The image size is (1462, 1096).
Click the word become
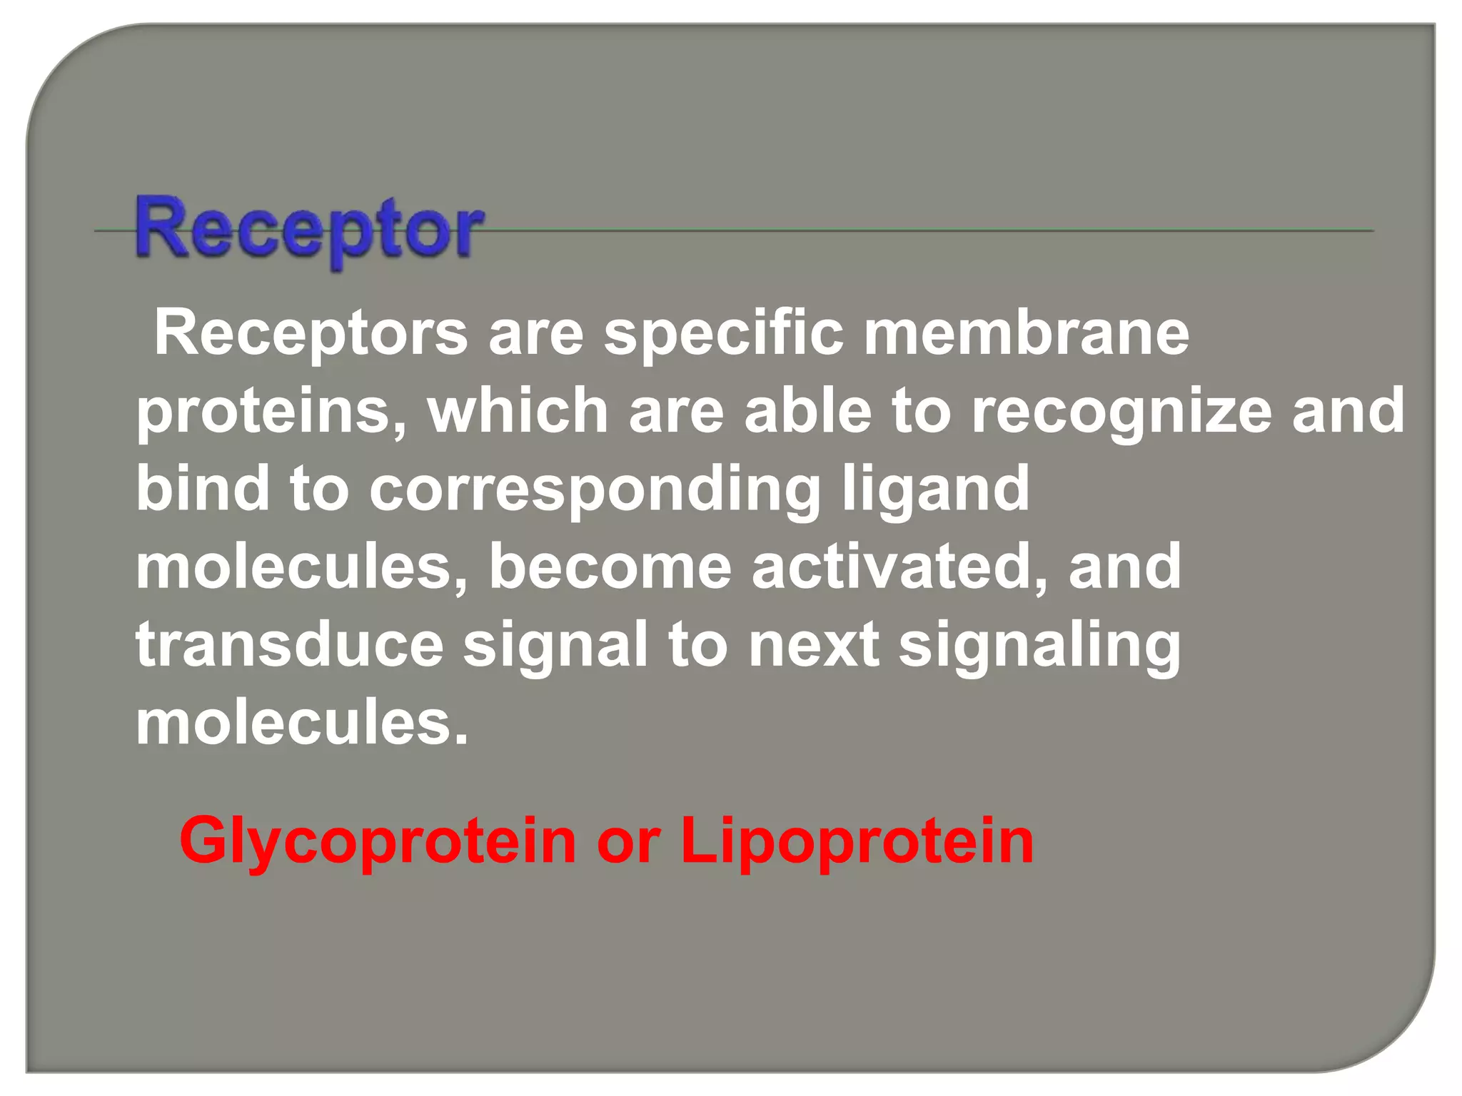(610, 567)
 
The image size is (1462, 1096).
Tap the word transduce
(290, 644)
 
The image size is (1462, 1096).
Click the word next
(813, 644)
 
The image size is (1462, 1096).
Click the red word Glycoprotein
(378, 843)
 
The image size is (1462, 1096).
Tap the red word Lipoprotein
(857, 843)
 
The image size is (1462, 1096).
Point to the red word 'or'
(628, 843)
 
